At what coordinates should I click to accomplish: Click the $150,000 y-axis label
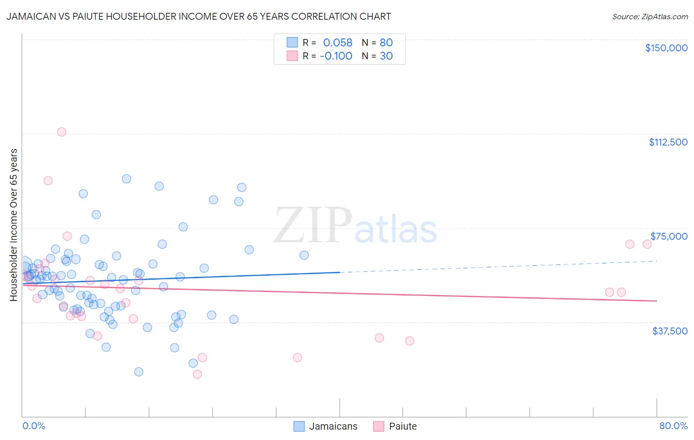(x=666, y=48)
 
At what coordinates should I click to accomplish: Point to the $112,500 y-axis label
(x=668, y=142)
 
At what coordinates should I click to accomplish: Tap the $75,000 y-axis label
(x=669, y=236)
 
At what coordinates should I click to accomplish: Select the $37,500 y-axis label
(x=670, y=331)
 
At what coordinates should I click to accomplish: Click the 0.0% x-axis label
(x=34, y=426)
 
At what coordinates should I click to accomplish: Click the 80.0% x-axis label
(x=673, y=426)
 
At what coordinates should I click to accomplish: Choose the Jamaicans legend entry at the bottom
(x=326, y=426)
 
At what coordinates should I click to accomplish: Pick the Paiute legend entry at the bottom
(x=395, y=426)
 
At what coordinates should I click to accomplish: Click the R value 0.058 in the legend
(x=338, y=42)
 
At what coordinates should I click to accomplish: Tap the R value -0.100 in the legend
(x=336, y=56)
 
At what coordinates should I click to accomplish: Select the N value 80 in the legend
(x=386, y=42)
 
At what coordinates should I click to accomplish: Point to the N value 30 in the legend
(x=386, y=56)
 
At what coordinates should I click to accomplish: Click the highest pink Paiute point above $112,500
(x=62, y=132)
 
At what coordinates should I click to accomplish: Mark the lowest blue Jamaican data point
(x=139, y=371)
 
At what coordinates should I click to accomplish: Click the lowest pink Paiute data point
(x=197, y=374)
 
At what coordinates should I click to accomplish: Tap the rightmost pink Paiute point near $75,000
(x=647, y=244)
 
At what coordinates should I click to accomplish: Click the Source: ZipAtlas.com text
(x=650, y=17)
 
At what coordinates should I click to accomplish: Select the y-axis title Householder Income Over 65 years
(x=14, y=224)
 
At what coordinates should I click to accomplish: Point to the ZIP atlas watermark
(x=355, y=226)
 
